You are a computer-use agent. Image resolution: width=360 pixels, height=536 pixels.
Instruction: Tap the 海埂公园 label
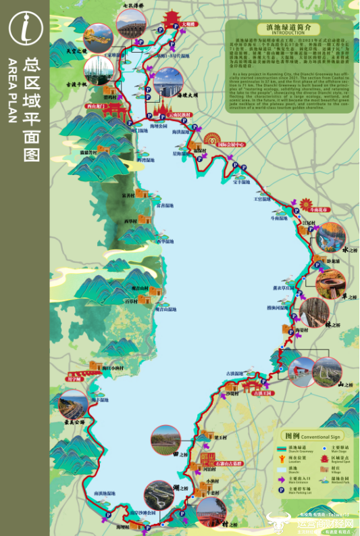(x=159, y=126)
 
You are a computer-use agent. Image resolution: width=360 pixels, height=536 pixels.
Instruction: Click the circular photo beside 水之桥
(x=331, y=236)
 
